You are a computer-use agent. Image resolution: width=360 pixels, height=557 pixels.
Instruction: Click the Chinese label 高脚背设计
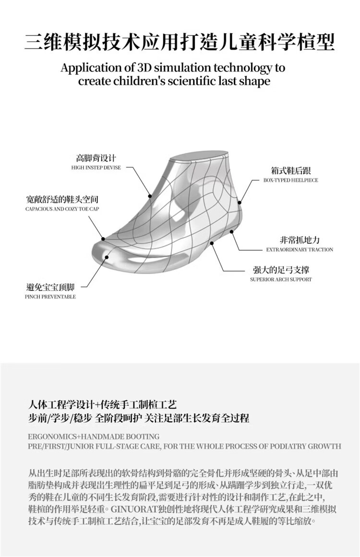[x=96, y=158]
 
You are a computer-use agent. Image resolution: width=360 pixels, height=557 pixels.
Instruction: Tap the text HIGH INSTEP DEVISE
[x=96, y=168]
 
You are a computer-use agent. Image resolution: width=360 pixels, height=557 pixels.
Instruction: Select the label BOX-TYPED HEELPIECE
[x=290, y=180]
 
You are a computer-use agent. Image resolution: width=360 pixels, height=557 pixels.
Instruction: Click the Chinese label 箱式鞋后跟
[x=290, y=170]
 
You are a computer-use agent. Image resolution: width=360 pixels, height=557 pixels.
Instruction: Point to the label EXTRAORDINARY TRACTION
[x=300, y=249]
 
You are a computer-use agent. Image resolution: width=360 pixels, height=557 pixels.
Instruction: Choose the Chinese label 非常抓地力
[x=300, y=239]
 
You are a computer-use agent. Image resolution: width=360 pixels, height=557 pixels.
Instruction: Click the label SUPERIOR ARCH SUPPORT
[x=281, y=279]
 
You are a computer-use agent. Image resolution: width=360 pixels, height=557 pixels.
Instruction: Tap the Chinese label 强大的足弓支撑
[x=281, y=269]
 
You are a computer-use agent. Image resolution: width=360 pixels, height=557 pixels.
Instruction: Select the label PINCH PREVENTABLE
[x=50, y=297]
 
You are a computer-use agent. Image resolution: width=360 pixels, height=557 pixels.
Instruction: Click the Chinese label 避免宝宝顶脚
[x=50, y=287]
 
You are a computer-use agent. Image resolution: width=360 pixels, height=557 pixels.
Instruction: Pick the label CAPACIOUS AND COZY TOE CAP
[x=62, y=209]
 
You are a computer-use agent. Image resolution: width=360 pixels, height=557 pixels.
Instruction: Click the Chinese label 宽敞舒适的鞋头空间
[x=62, y=199]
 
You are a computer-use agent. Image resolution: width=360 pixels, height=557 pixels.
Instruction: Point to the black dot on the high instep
[x=150, y=196]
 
